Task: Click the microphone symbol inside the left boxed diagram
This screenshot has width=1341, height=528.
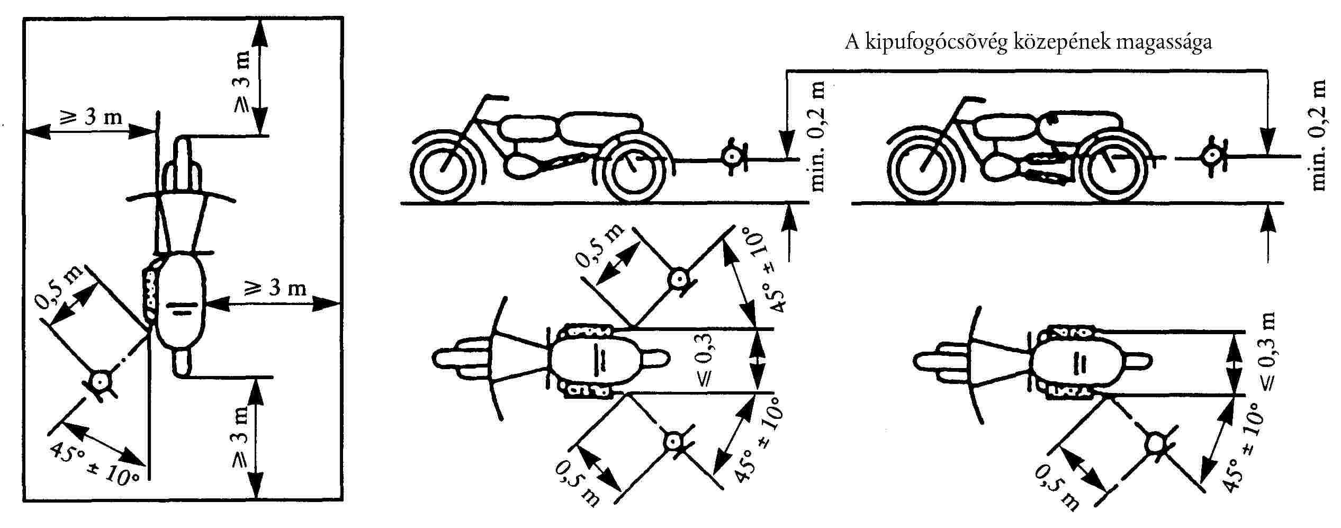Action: [x=99, y=381]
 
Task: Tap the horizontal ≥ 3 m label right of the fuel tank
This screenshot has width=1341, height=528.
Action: [x=275, y=288]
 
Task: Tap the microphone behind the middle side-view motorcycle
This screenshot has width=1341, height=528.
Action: [x=732, y=156]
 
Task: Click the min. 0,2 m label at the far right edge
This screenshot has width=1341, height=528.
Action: [x=1320, y=135]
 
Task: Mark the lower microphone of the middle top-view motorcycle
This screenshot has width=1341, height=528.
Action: [x=674, y=441]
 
